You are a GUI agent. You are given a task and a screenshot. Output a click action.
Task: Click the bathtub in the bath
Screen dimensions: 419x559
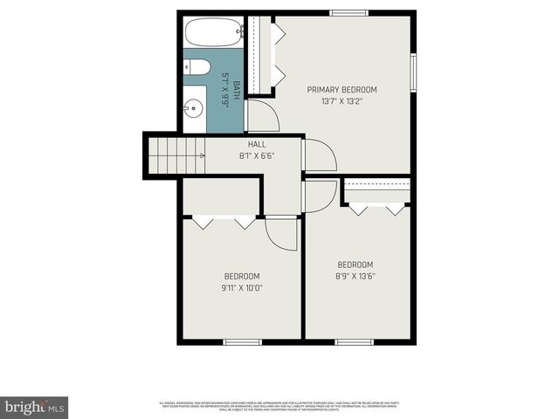click(x=212, y=34)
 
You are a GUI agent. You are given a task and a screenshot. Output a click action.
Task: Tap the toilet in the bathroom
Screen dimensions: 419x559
click(x=197, y=67)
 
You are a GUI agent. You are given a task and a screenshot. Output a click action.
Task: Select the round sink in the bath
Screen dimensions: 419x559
click(x=194, y=109)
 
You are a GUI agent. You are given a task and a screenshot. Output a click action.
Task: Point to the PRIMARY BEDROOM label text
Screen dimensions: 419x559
click(x=342, y=90)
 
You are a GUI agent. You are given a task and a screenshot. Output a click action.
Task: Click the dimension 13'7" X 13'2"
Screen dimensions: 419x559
click(x=342, y=101)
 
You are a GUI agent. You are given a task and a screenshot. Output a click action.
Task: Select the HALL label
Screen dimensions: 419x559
click(x=257, y=145)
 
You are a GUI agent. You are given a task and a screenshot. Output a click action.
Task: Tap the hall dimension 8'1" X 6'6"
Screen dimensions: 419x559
click(x=257, y=156)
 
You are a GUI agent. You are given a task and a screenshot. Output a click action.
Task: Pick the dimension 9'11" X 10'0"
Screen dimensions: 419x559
click(x=243, y=287)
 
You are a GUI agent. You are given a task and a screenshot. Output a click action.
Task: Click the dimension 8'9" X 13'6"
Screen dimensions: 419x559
click(x=355, y=276)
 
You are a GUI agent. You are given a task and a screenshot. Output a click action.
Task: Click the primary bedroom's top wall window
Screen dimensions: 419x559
click(x=349, y=13)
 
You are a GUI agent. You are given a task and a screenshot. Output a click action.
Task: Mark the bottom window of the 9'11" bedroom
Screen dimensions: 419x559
click(x=243, y=341)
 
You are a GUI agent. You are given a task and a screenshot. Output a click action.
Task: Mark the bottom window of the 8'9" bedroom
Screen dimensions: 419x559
click(x=354, y=341)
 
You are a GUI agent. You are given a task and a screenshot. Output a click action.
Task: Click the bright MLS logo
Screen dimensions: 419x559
click(x=35, y=407)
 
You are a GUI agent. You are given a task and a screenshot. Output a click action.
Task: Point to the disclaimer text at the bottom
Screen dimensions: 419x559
click(x=279, y=405)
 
